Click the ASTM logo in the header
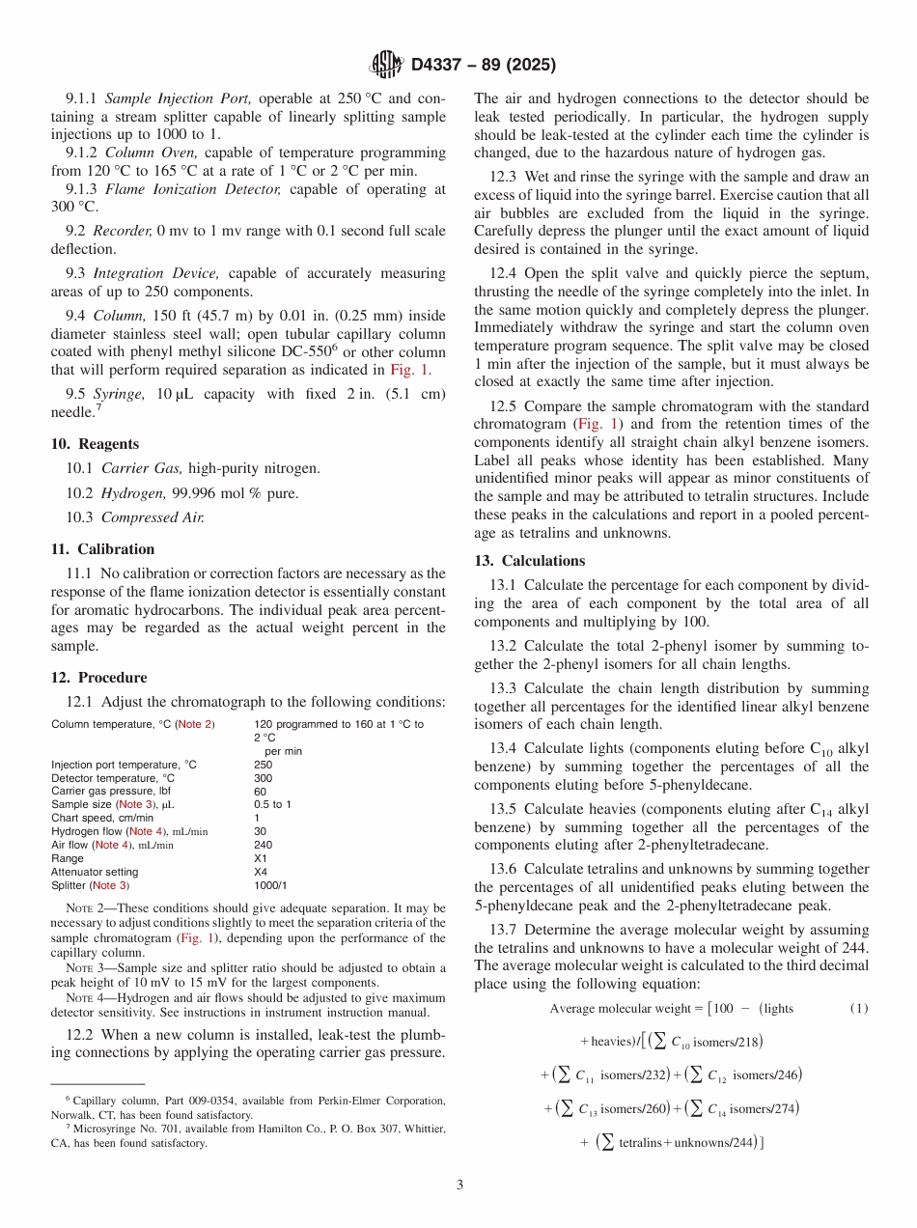click(387, 66)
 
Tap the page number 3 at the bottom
click(459, 1185)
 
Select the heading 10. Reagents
click(95, 444)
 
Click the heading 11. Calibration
click(102, 549)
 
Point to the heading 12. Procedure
click(98, 678)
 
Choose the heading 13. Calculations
click(529, 561)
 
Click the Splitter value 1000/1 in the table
click(270, 885)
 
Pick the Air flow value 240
click(263, 845)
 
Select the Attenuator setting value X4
click(261, 872)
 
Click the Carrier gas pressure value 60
click(260, 791)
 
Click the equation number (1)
click(859, 1009)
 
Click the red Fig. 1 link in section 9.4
click(410, 370)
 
